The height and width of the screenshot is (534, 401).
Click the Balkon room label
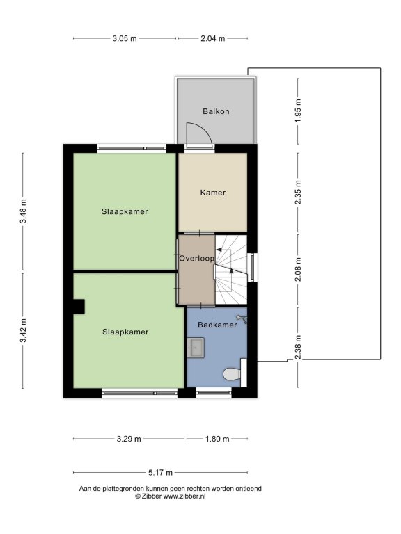tap(216, 111)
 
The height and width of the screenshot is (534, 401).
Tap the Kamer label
tap(213, 193)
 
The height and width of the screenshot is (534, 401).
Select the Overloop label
tap(197, 259)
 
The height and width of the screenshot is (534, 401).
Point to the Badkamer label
tap(217, 325)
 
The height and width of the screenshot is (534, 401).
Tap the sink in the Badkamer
tap(196, 348)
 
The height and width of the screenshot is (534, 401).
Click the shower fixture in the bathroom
tap(243, 319)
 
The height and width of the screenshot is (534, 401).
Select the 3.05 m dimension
tap(125, 38)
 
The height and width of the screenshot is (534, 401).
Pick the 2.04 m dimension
tap(213, 38)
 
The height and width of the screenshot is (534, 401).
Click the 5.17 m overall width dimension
tap(160, 473)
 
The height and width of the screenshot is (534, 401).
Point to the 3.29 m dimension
tap(129, 439)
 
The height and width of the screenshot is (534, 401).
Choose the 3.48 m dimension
tap(23, 211)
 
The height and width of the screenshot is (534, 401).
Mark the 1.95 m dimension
tap(298, 111)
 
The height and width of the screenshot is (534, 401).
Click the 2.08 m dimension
tap(298, 270)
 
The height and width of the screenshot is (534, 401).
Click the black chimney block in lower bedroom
tap(79, 307)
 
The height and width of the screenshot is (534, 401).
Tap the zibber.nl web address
tap(184, 496)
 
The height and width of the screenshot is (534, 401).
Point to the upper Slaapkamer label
tap(125, 212)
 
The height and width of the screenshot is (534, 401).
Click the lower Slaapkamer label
tap(125, 332)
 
